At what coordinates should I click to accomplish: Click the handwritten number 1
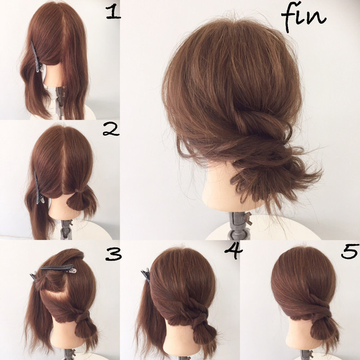(113, 12)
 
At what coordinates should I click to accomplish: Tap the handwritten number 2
(111, 129)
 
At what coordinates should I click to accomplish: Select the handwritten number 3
(113, 254)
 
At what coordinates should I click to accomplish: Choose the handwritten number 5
(350, 251)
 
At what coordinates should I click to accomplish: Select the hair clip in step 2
(39, 187)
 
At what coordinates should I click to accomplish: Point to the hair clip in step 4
(146, 274)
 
